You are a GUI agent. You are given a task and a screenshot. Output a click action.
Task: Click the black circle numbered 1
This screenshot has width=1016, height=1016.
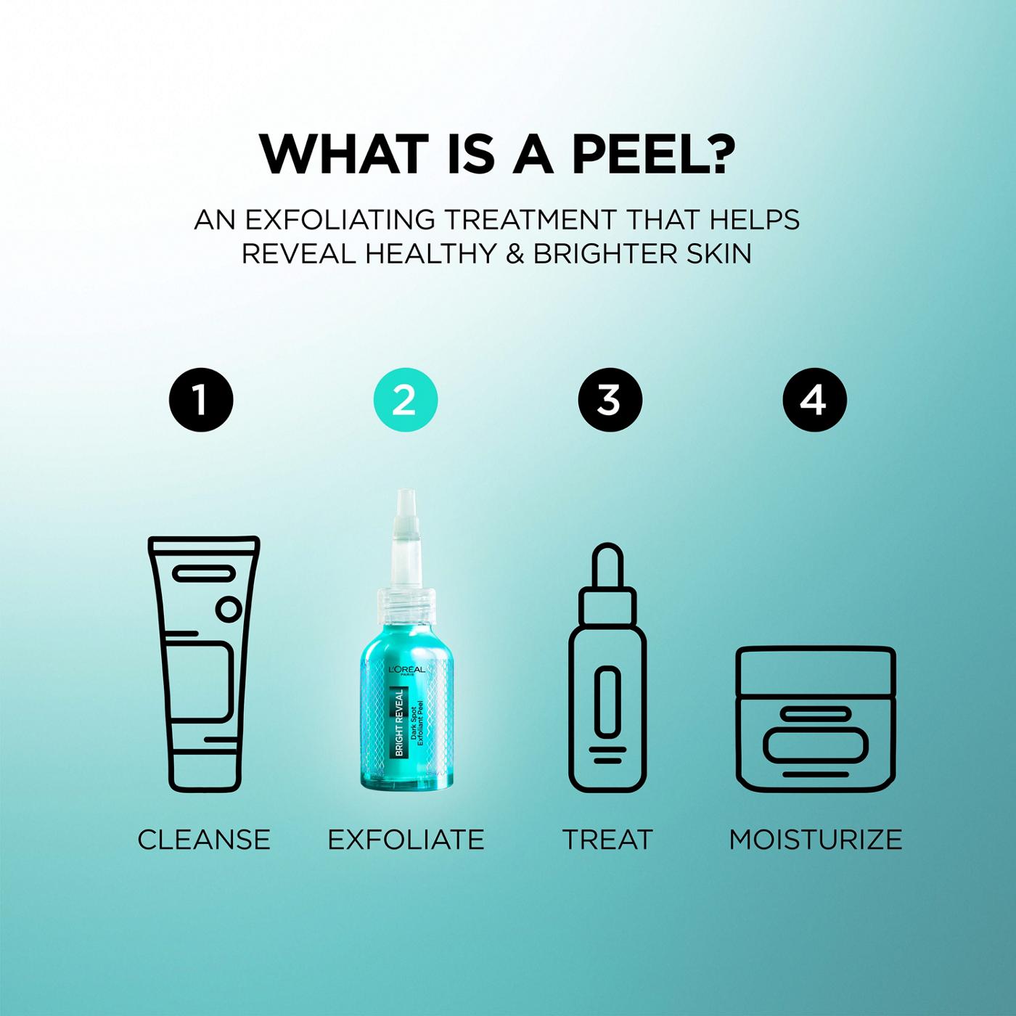point(201,400)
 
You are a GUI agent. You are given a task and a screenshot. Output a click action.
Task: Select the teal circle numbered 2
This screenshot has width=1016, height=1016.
point(405,400)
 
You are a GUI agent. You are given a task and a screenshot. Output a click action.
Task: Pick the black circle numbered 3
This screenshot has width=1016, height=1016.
point(610,400)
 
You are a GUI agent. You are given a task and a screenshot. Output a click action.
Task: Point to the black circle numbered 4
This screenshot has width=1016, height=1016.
point(814,400)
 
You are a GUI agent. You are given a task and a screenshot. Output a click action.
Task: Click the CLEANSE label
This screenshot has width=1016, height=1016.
point(204,840)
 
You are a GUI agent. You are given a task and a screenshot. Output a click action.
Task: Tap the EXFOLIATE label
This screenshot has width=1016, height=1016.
point(406,840)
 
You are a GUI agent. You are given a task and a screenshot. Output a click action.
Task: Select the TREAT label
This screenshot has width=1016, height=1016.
point(607,840)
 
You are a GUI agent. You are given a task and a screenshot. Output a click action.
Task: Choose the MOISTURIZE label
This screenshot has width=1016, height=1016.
point(816,840)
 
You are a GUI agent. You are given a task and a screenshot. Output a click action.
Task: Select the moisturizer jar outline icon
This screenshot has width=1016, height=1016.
point(816,718)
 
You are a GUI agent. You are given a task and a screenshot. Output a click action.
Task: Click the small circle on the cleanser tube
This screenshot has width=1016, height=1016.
point(229,608)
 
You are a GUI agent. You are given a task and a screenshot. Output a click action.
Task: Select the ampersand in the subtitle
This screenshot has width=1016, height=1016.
point(515,254)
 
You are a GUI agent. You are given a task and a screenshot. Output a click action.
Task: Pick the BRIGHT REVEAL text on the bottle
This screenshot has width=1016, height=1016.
point(399,722)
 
